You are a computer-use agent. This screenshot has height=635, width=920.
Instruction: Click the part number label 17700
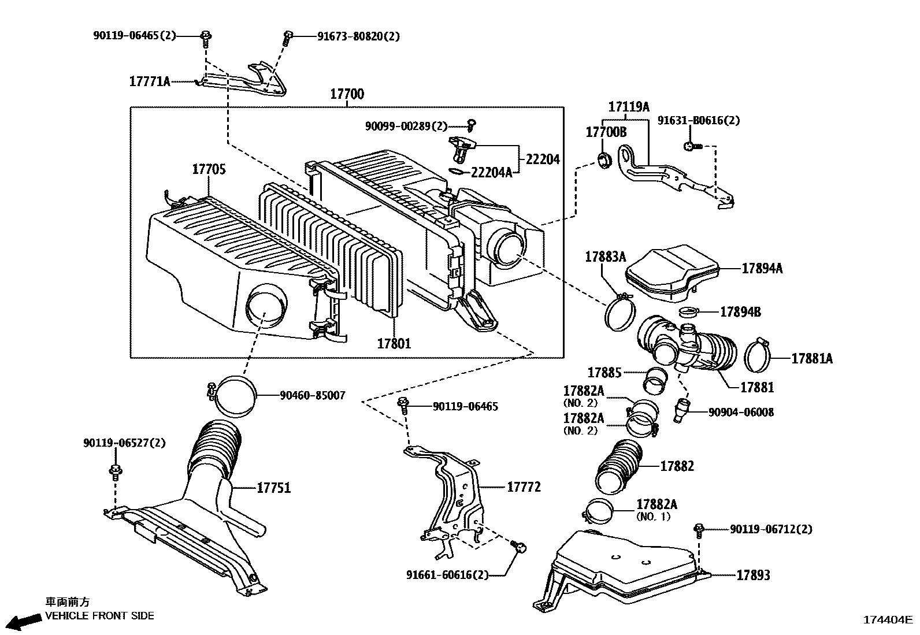(347, 94)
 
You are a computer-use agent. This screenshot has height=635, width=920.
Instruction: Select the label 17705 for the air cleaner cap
(209, 169)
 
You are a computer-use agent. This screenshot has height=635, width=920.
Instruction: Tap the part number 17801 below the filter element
(394, 344)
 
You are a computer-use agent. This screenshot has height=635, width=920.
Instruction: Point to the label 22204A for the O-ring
(491, 173)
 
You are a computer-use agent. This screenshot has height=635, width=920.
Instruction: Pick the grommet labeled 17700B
(604, 160)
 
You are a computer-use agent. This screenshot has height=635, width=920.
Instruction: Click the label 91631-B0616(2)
(698, 121)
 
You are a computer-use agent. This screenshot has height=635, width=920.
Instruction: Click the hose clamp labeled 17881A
(758, 357)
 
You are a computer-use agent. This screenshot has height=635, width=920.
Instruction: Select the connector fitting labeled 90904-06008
(681, 410)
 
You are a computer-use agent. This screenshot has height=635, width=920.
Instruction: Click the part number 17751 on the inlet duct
(273, 488)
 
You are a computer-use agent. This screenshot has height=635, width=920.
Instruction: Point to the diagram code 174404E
(887, 620)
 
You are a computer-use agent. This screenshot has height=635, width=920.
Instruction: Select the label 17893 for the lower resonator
(753, 575)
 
